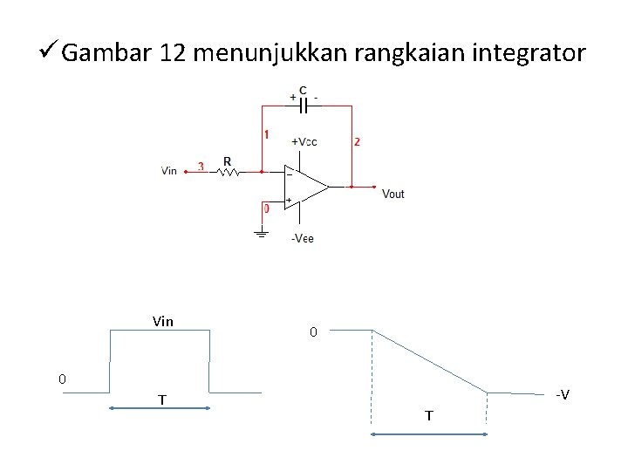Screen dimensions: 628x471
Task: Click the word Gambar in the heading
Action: [x=108, y=54]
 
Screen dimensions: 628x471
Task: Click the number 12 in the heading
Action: [x=174, y=54]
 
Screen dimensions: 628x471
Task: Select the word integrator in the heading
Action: [x=529, y=54]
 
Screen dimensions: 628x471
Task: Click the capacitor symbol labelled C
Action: [x=303, y=106]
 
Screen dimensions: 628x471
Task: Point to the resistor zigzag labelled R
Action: [x=229, y=172]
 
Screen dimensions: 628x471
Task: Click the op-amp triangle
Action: [x=304, y=186]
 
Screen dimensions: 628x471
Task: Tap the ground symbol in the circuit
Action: [x=260, y=233]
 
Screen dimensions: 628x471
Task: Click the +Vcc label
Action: [x=304, y=141]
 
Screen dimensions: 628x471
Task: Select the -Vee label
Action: [x=302, y=238]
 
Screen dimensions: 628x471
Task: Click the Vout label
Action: [x=393, y=194]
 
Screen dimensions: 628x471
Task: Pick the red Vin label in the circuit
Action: [x=169, y=171]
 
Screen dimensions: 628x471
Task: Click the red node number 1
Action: [x=266, y=135]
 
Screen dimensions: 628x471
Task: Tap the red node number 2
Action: [x=357, y=141]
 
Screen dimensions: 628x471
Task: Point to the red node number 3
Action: [x=201, y=166]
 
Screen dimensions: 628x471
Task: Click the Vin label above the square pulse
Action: [x=162, y=321]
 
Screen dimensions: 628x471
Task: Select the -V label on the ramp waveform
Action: [x=563, y=395]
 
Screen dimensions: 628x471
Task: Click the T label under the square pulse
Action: [x=162, y=399]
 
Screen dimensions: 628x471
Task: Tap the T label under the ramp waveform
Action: [x=428, y=416]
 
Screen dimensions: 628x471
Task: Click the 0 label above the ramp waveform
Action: [x=314, y=332]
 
